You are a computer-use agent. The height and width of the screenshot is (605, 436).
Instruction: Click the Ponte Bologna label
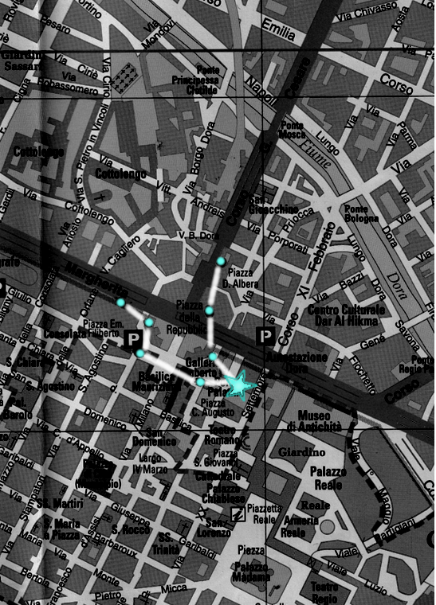point(359,214)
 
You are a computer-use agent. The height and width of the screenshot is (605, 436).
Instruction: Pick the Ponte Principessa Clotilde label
point(195,80)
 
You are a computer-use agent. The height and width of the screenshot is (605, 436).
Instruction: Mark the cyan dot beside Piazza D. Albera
point(221,261)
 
